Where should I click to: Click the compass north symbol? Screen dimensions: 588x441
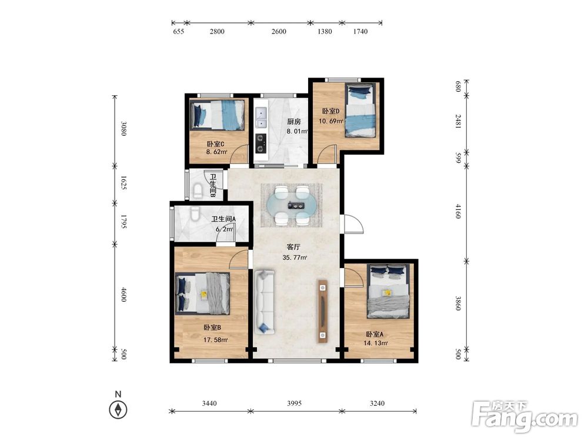point(118,409)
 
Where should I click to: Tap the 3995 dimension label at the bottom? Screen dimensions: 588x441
point(294,403)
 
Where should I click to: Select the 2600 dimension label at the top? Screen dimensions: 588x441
point(279,32)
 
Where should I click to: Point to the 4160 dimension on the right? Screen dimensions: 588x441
point(458,211)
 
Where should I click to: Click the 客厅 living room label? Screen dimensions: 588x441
point(293,247)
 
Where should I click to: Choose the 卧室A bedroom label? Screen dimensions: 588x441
point(375,335)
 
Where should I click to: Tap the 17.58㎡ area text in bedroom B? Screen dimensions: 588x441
point(216,340)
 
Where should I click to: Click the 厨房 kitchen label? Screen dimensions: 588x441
point(294,122)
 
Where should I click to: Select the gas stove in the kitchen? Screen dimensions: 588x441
point(261,143)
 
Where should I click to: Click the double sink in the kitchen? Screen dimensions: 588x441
point(261,118)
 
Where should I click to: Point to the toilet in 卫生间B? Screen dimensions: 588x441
point(198,191)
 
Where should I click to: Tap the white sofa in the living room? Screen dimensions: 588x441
point(265,302)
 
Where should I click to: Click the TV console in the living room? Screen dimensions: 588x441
point(322,311)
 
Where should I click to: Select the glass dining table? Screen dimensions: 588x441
point(292,205)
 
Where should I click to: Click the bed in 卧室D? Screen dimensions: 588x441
point(360,111)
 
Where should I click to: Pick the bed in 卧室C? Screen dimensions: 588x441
point(218,115)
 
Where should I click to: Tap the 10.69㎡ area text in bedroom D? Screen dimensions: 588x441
point(330,121)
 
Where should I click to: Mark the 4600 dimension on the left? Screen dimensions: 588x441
point(123,295)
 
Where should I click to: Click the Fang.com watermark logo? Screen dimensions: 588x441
point(524,416)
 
